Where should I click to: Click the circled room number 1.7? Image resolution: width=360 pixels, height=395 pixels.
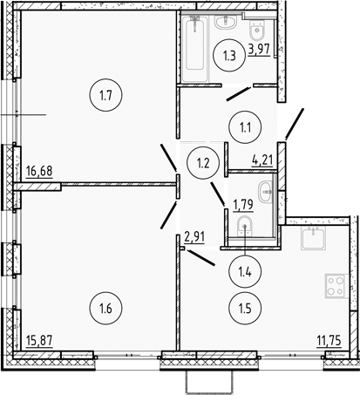pos(105,96)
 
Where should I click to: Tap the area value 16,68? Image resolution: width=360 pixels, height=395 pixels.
pos(39,172)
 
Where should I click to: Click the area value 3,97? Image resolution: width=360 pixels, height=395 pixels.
pos(259,50)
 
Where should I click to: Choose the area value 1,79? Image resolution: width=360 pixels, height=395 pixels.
pos(241,205)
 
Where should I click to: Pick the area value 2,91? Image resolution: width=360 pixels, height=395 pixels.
pos(196,235)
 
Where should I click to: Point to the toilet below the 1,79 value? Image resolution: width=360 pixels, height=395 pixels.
pos(247,228)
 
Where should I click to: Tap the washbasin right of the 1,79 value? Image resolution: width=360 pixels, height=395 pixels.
pos(265,192)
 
